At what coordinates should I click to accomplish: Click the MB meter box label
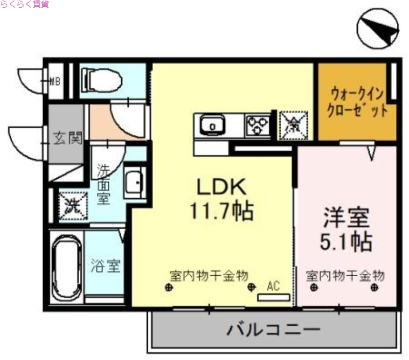coord(55,80)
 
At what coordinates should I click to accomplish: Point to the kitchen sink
coord(211,125)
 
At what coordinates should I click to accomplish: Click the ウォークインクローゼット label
coord(357,102)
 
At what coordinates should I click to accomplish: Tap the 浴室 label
coord(106,266)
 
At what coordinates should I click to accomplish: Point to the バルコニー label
coord(274,329)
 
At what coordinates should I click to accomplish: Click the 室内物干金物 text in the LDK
coord(209,276)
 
